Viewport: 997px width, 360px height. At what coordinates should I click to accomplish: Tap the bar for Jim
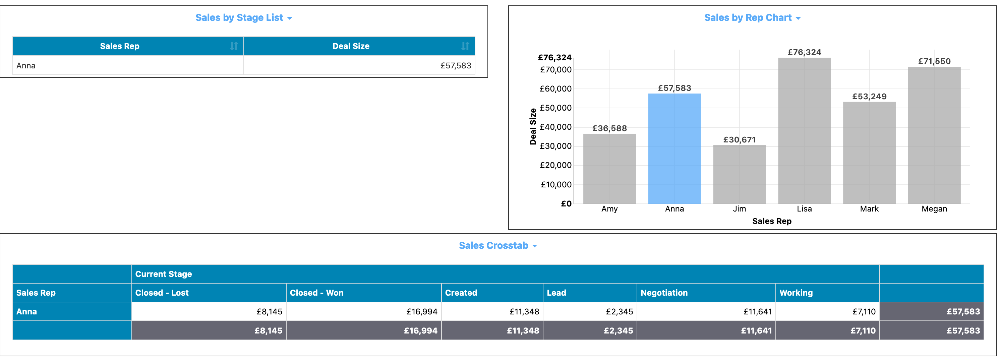click(x=739, y=174)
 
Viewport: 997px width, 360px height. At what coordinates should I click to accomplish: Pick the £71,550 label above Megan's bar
click(x=934, y=61)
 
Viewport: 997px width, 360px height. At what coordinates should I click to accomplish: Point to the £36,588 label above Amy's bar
click(x=609, y=128)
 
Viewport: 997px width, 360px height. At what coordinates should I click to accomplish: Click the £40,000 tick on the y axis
click(x=555, y=127)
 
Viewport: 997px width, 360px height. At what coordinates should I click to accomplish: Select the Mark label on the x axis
click(x=869, y=208)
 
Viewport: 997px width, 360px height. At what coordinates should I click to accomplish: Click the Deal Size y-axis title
click(x=533, y=127)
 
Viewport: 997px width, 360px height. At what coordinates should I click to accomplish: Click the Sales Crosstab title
click(x=493, y=245)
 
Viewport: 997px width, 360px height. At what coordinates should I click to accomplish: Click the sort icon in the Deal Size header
click(x=465, y=46)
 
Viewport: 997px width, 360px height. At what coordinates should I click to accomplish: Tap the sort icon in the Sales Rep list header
click(x=234, y=46)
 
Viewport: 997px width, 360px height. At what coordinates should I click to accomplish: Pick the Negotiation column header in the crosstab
click(x=664, y=293)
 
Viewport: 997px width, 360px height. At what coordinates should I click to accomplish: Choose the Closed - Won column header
click(x=316, y=293)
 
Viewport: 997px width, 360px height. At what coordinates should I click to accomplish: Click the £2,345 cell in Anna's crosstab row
click(x=619, y=312)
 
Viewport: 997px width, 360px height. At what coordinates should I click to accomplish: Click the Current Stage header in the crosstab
click(x=163, y=274)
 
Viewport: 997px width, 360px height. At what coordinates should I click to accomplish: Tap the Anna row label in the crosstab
click(x=26, y=312)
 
